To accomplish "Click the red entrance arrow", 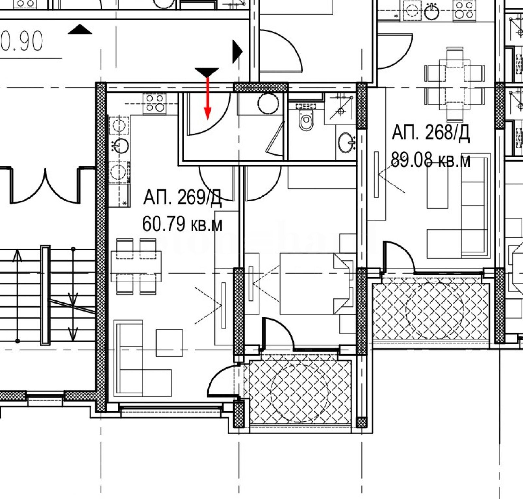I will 207,98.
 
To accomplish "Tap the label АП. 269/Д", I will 182,197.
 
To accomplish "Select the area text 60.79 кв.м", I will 182,224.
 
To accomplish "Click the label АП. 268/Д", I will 430,133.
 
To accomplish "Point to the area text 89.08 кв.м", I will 430,160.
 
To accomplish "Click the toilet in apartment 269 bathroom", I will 306,120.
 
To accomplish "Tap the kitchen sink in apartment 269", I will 121,146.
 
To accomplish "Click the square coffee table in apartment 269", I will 169,343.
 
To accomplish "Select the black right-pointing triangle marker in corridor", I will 237,52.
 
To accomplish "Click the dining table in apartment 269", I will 136,266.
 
